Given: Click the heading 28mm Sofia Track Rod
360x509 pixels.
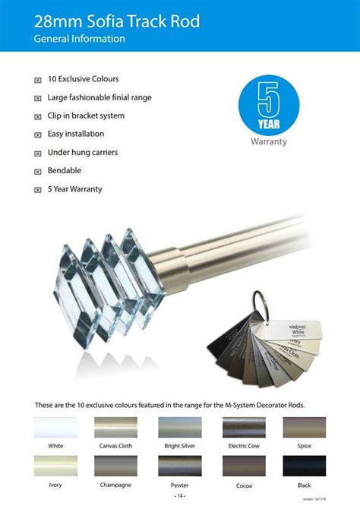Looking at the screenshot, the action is pos(117,21).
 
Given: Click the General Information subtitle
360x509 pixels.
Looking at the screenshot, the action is pos(79,38).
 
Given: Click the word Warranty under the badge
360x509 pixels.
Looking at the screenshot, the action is pos(268,142).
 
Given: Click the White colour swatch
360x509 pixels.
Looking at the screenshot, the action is pos(55,428).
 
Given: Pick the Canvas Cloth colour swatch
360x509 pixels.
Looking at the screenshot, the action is pos(115,428).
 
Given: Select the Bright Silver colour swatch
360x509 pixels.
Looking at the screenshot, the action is pos(179,428).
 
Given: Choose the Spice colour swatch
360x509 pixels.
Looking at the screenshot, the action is pos(304,428).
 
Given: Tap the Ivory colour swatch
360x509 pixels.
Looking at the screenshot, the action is pos(55,466).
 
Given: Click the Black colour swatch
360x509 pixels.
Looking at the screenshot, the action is pos(304,466).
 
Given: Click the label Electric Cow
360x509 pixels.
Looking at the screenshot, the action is pos(243,446).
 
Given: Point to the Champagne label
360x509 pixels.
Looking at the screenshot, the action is pos(115,484).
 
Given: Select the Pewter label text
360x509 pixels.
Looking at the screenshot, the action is pos(179,484).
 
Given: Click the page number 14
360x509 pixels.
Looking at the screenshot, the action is pos(180,496).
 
